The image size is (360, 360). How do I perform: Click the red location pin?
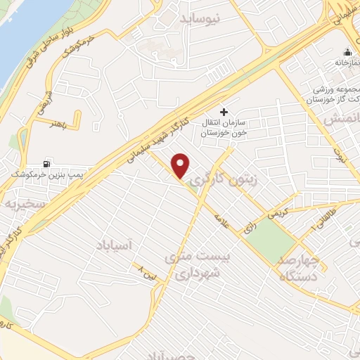point(181,166)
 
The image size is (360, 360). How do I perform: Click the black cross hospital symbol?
point(224,111)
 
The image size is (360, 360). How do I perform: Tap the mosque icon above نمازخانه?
point(347,52)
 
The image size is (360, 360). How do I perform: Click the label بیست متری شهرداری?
point(196,264)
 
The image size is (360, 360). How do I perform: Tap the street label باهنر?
point(60,123)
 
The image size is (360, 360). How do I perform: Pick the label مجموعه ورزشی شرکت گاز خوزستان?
point(335,97)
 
